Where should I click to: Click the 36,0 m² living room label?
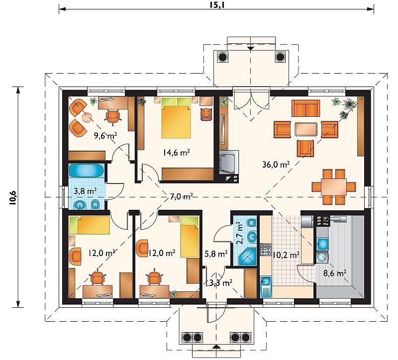pos(276,165)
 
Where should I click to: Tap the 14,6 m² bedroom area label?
pos(177,153)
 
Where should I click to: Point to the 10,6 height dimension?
pos(13,197)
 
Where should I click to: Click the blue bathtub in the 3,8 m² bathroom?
pos(87,170)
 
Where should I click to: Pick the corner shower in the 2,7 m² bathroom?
pos(247,257)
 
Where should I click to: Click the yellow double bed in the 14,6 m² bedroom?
pos(176,118)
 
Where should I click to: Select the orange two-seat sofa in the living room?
pos(305,108)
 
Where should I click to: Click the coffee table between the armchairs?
pos(306,129)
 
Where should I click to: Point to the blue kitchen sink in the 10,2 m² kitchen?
pos(266,287)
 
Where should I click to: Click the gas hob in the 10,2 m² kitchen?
pos(266,250)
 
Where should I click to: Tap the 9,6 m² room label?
pos(105,136)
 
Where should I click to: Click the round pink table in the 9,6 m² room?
pos(88,117)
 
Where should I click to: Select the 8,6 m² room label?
pos(335,273)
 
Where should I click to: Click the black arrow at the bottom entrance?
pos(216,346)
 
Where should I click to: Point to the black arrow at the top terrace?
pos(251,48)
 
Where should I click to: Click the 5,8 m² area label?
pos(216,254)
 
